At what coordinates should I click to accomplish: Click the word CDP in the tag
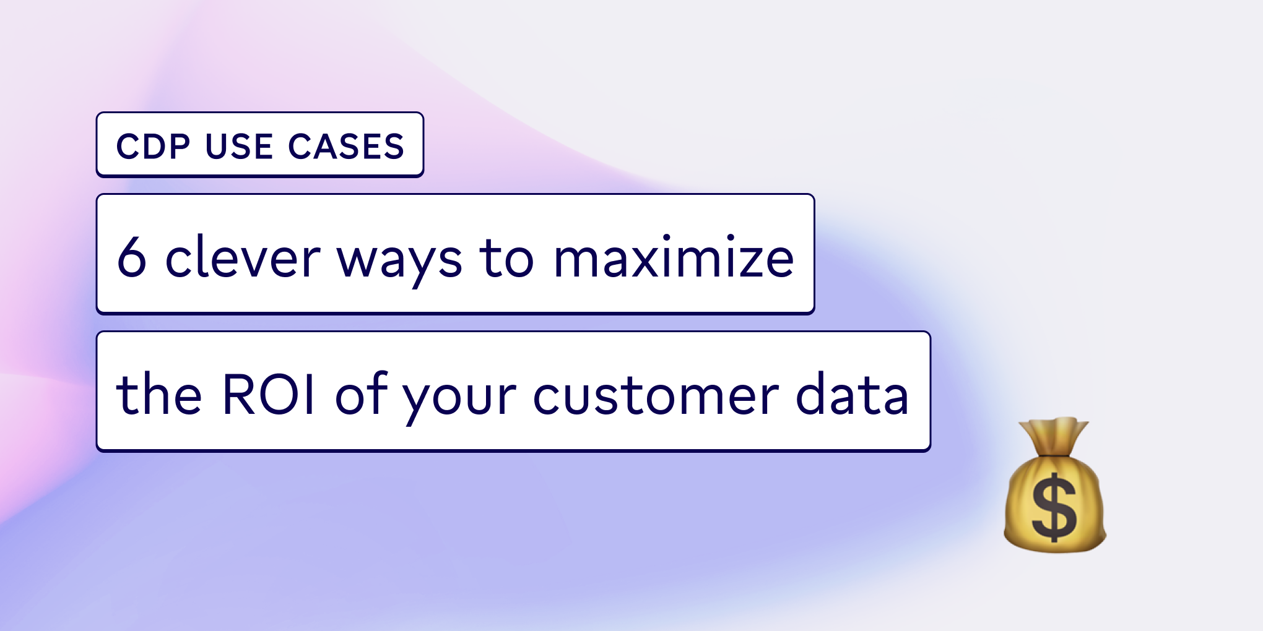click(153, 147)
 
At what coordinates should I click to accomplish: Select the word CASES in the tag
click(346, 147)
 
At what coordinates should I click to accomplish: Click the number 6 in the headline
click(131, 257)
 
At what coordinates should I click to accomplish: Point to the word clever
click(242, 257)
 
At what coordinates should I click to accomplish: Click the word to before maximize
click(506, 257)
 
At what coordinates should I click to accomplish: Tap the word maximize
click(673, 257)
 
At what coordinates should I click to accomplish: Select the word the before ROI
click(159, 394)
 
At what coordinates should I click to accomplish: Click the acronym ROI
click(269, 394)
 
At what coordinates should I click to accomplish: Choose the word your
click(459, 399)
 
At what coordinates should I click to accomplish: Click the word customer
click(656, 395)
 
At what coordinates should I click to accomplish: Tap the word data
click(852, 394)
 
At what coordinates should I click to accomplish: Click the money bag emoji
click(1054, 489)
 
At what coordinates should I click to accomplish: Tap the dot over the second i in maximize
click(731, 237)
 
